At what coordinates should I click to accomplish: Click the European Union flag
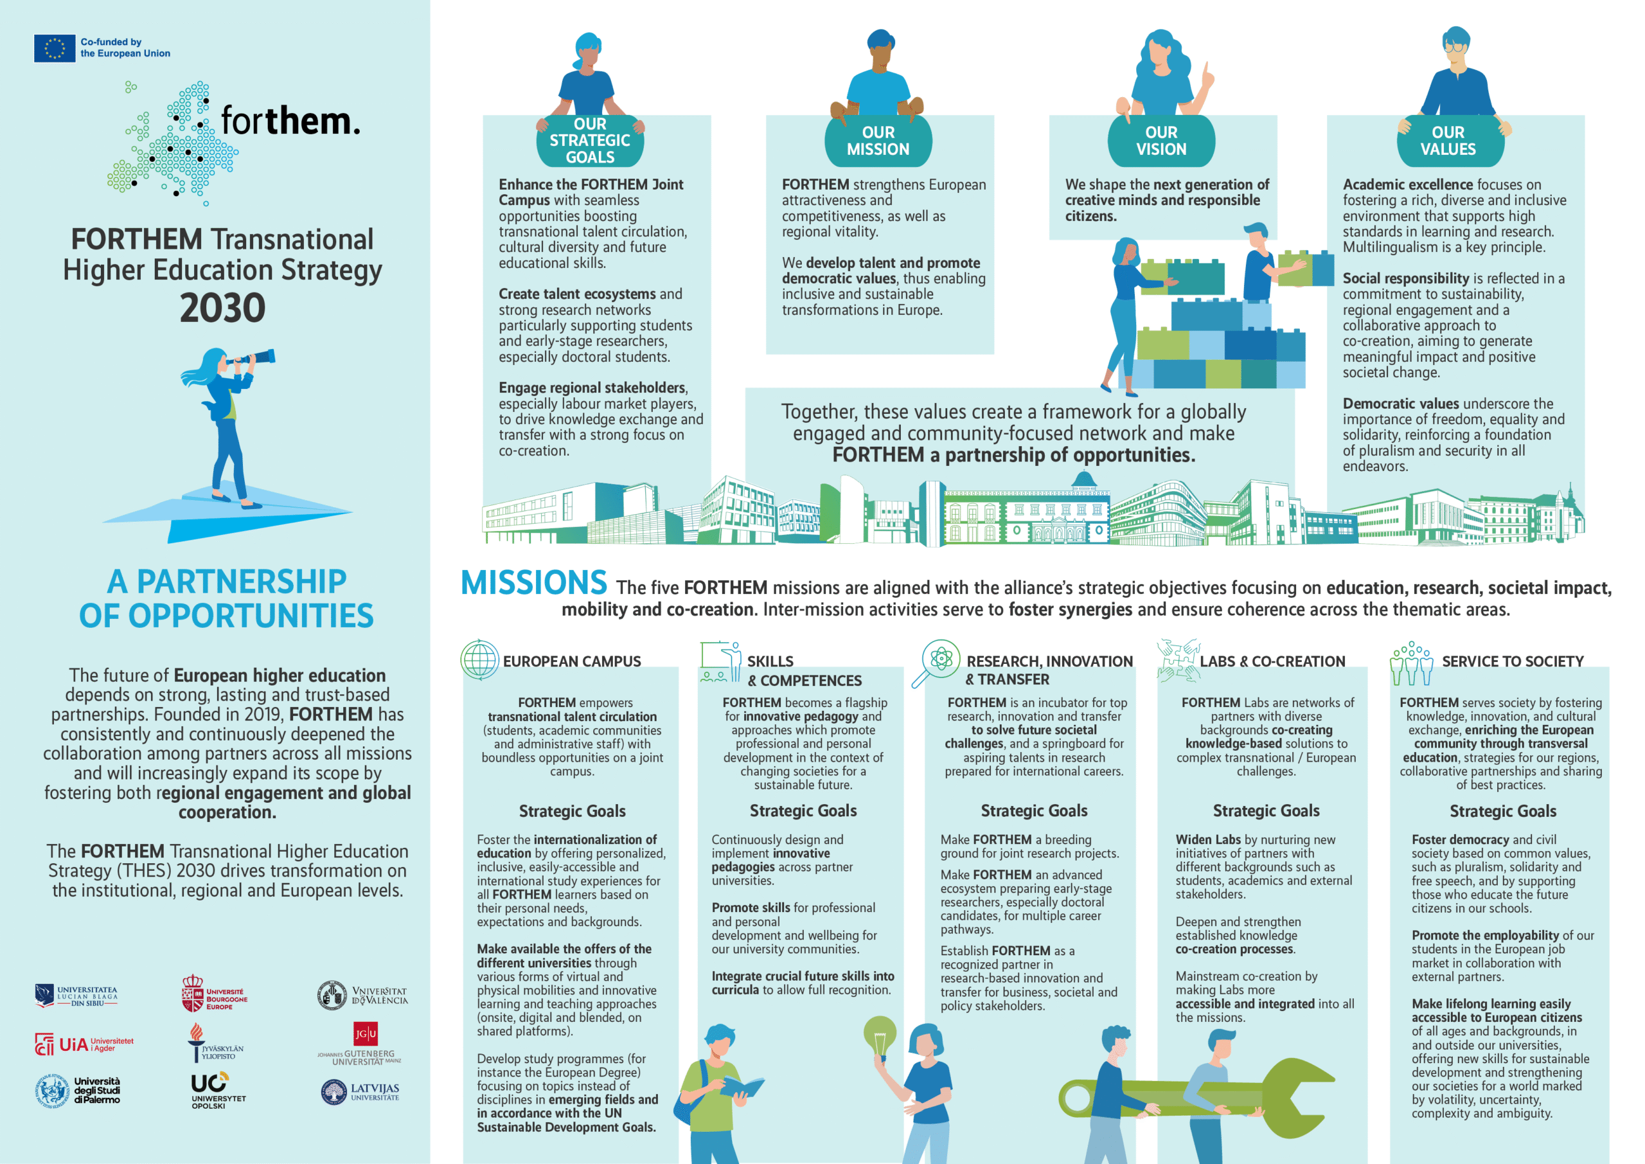click(55, 48)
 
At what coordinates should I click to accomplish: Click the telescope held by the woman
click(254, 357)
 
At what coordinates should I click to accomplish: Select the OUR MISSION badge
click(878, 141)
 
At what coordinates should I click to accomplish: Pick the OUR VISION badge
click(1161, 141)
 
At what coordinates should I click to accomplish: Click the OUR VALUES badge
click(1448, 141)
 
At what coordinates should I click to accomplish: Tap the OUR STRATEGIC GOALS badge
click(590, 141)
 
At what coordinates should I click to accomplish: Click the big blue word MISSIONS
click(534, 583)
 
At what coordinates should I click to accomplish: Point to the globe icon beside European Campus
click(479, 659)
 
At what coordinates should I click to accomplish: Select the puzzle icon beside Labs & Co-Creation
click(1178, 659)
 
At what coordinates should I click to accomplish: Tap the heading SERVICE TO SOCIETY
click(1513, 661)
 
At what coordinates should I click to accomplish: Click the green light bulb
click(880, 1037)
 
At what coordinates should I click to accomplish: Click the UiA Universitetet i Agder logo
click(84, 1044)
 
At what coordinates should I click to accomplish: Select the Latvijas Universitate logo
click(360, 1092)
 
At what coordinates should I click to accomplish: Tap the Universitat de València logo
click(362, 996)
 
